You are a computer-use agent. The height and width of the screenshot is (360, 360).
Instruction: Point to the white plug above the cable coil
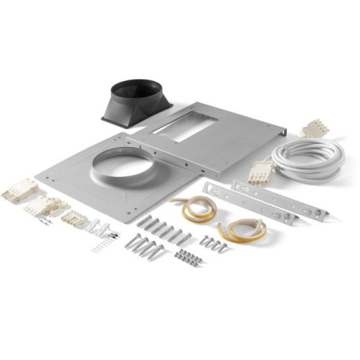(315, 128)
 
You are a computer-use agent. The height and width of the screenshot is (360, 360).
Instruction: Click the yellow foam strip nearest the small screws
(242, 230)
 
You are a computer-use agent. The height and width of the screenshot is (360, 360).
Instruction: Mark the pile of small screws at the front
(189, 257)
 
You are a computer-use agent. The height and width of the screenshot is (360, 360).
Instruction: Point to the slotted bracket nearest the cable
(278, 199)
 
